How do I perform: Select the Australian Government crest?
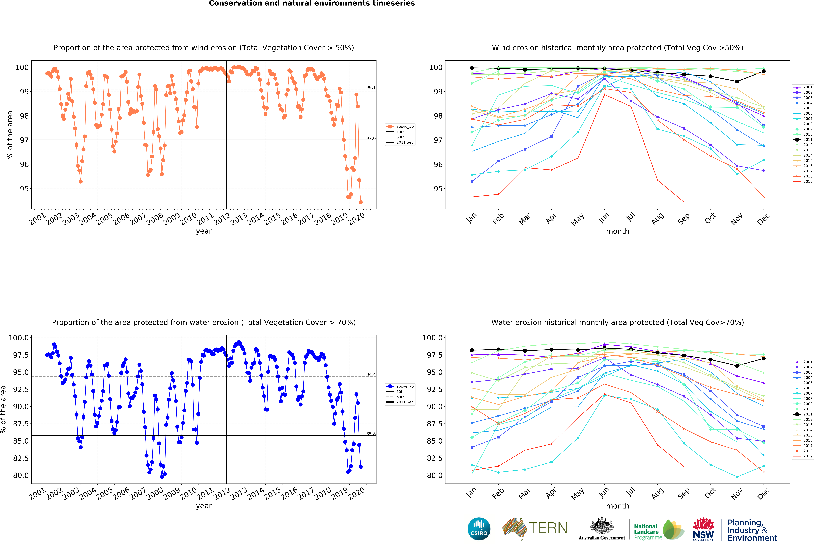point(601,525)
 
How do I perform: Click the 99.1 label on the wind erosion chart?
point(371,88)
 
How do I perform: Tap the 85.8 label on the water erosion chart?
point(371,434)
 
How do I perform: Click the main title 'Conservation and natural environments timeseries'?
point(312,4)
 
